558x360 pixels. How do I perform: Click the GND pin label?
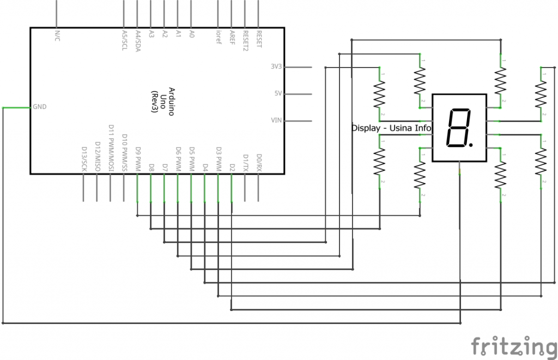coord(40,107)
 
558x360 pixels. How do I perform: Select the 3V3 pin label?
coord(276,67)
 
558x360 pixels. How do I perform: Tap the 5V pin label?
coord(278,94)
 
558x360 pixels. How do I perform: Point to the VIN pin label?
coord(276,120)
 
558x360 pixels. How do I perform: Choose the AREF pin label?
coord(232,37)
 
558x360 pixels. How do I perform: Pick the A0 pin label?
coord(191,33)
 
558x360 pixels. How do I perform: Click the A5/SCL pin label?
coord(125,40)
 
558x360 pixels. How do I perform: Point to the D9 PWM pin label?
coord(138,158)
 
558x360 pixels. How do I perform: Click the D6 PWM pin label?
coord(178,158)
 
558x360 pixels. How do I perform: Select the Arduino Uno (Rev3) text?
coord(163,101)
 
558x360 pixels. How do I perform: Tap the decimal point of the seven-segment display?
coord(471,145)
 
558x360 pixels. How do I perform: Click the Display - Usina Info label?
coord(391,129)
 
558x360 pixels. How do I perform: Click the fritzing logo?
coord(513,346)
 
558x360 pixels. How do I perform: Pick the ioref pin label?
coord(219,36)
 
